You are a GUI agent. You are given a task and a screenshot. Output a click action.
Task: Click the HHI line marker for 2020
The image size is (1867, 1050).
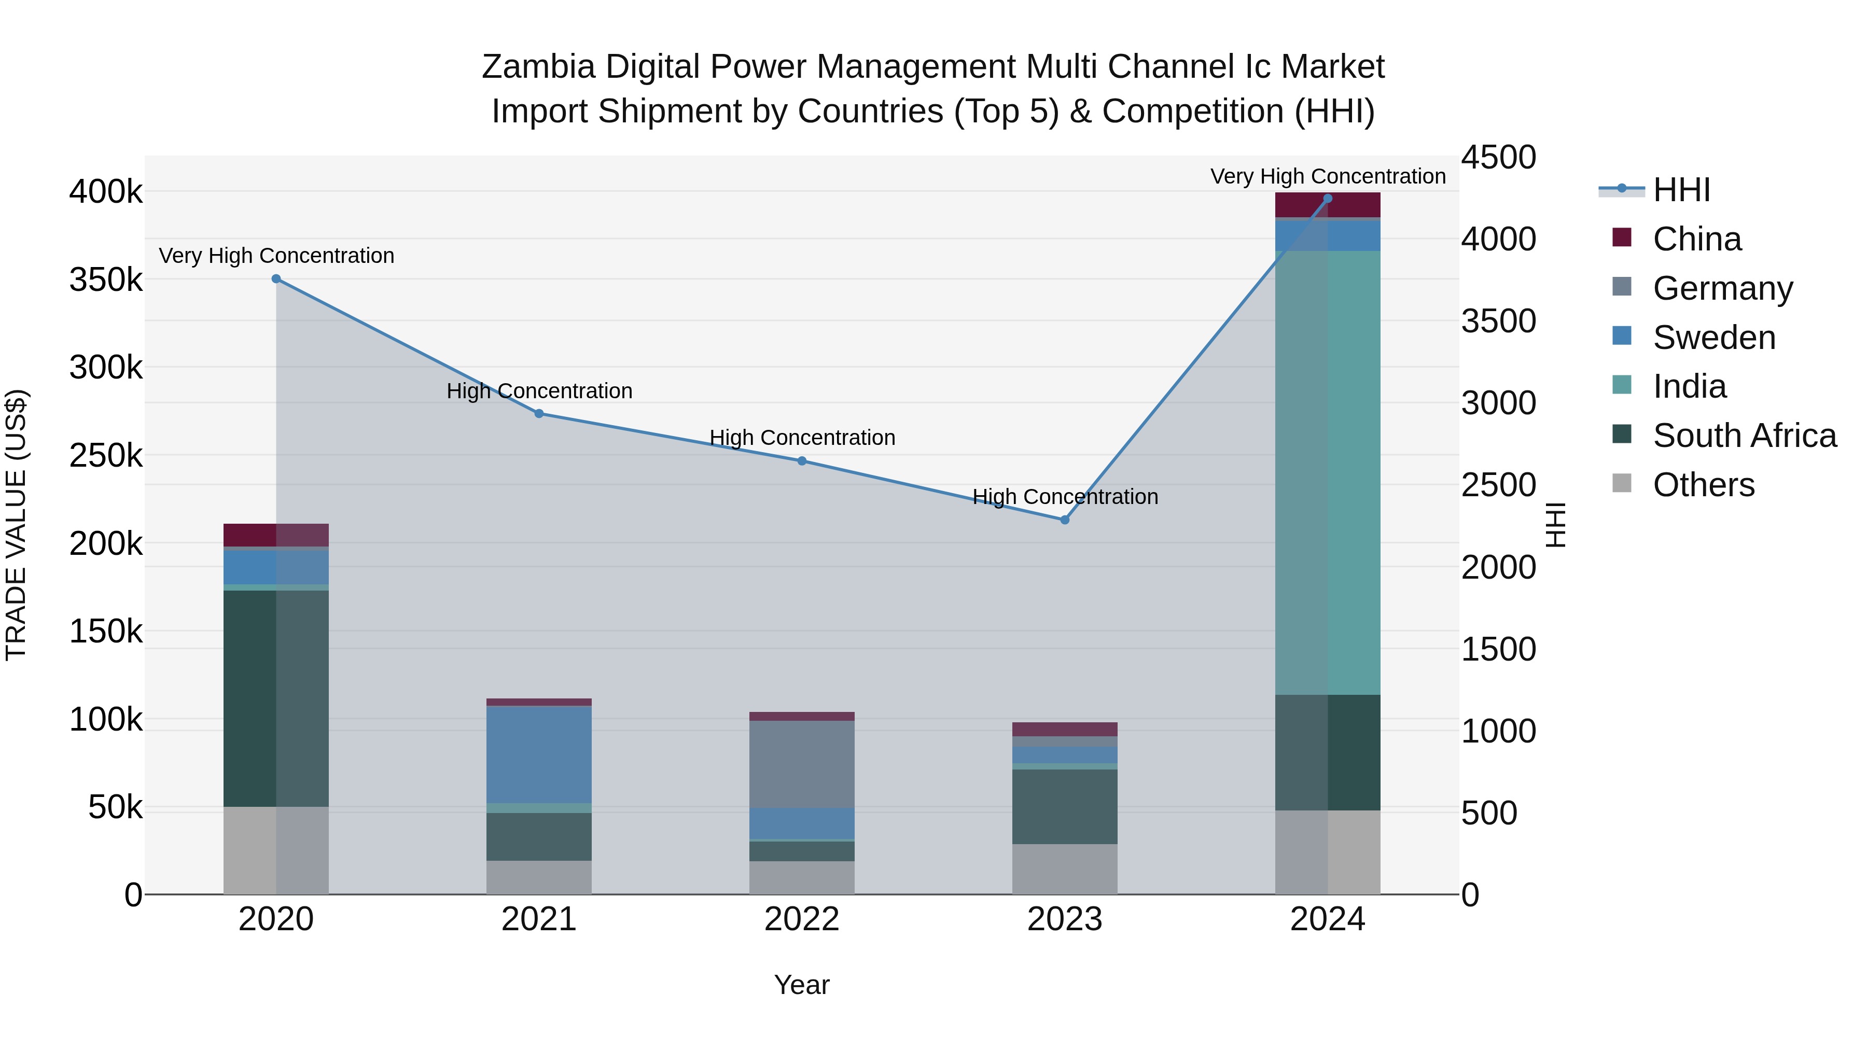click(276, 279)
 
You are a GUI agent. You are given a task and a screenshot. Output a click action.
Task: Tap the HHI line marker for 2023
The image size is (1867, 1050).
click(1065, 520)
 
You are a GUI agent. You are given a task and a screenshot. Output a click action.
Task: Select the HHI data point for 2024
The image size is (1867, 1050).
click(1328, 198)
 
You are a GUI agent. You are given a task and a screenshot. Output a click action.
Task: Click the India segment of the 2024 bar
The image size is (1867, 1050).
click(1328, 472)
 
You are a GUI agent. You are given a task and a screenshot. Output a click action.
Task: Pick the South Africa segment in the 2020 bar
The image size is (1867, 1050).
click(276, 698)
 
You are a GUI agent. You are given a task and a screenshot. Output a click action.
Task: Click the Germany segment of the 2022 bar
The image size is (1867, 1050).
click(802, 764)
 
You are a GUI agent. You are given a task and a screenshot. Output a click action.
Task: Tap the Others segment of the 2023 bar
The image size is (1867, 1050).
click(1065, 869)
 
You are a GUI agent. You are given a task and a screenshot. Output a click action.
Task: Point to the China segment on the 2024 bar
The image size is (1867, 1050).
click(1328, 205)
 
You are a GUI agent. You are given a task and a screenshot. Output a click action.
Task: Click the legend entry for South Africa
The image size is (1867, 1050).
click(1744, 436)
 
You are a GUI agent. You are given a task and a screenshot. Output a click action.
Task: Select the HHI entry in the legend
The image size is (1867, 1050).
click(1681, 190)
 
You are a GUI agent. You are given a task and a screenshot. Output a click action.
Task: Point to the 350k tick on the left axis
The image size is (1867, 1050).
click(106, 279)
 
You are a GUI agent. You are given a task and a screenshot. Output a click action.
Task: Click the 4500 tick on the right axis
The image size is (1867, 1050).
click(1498, 157)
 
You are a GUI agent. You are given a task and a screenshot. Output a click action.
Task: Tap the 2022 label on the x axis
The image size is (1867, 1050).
click(802, 919)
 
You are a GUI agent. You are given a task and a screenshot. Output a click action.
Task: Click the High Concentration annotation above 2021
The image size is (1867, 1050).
click(539, 391)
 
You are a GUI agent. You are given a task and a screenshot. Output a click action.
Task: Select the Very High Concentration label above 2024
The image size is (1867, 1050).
click(1328, 176)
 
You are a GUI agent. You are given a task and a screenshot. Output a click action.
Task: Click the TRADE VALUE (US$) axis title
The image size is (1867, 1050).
click(16, 525)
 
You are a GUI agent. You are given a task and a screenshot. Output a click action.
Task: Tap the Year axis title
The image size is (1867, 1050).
click(802, 985)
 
